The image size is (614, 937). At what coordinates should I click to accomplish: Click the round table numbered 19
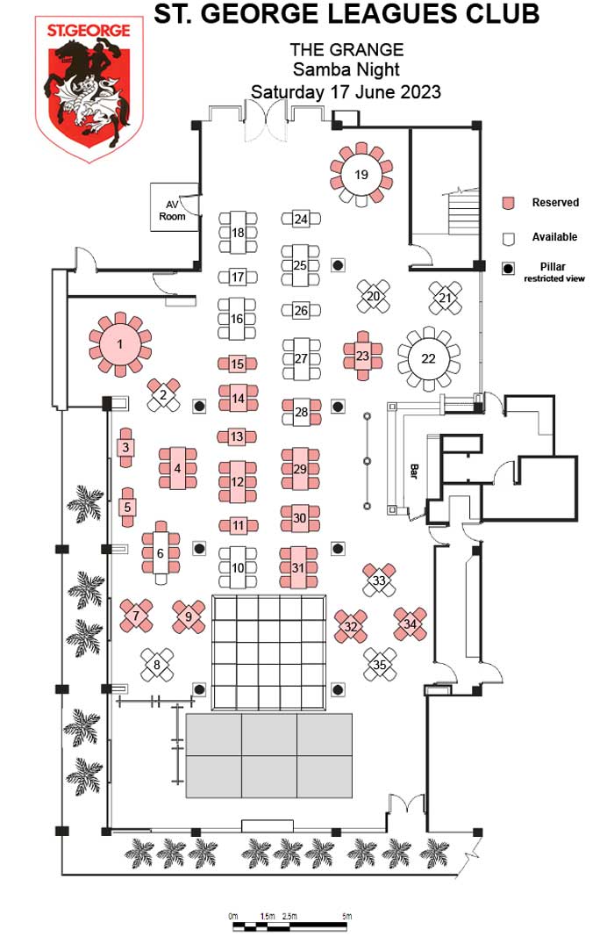361,174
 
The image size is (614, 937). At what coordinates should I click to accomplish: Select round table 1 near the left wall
120,344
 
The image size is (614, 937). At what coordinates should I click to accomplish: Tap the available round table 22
428,357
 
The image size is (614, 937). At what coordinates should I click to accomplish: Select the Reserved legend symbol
507,204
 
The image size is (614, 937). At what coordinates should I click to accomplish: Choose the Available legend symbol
507,238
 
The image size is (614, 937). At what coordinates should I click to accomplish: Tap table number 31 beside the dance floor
298,567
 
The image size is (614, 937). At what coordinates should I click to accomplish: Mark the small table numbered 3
126,448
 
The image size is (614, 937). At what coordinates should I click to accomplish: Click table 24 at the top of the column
301,219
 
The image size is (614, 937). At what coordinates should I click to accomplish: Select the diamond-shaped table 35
380,664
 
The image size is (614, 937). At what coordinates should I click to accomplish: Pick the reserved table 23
362,356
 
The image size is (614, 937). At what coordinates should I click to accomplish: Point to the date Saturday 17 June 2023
346,91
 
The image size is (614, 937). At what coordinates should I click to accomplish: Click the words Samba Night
346,70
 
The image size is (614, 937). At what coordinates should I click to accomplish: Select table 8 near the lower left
158,665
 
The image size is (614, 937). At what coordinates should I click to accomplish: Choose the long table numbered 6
160,553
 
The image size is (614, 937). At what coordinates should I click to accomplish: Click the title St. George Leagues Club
346,14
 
